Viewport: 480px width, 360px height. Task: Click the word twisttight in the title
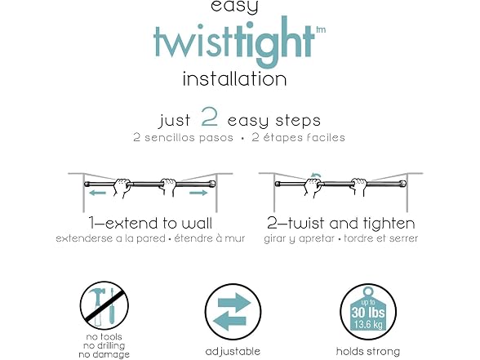(233, 42)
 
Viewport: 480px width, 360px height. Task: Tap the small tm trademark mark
(321, 29)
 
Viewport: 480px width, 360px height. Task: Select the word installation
(234, 79)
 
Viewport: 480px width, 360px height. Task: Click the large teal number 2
(210, 117)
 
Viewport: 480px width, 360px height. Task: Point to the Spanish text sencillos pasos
(189, 137)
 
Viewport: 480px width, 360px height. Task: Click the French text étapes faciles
(304, 137)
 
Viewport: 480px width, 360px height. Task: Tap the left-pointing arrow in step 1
(97, 193)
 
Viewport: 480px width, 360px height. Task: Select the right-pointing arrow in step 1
(198, 193)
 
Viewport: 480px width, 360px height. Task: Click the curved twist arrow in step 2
(316, 175)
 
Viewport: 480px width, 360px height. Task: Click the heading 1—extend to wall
(150, 223)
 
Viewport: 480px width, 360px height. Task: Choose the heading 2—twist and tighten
(340, 223)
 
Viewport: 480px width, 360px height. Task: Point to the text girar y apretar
(299, 238)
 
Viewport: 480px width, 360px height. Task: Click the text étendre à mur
(210, 238)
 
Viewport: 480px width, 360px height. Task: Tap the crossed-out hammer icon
(96, 305)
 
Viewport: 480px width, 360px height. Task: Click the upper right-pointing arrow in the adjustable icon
(234, 302)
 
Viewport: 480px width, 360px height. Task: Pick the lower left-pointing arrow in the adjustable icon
(229, 322)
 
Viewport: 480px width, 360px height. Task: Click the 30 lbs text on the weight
(368, 312)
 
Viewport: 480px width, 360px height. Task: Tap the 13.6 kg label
(368, 324)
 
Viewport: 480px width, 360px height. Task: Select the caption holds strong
(368, 351)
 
